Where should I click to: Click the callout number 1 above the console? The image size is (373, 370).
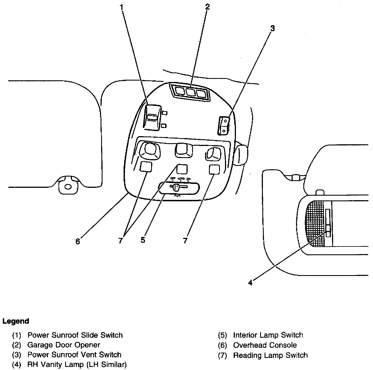pyautogui.click(x=122, y=7)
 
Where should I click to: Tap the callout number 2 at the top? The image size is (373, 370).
pyautogui.click(x=208, y=7)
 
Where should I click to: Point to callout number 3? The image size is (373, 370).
pyautogui.click(x=272, y=28)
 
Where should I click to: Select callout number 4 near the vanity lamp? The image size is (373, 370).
pyautogui.click(x=250, y=283)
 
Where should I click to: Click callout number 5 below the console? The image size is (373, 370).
pyautogui.click(x=143, y=240)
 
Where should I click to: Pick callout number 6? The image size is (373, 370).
pyautogui.click(x=78, y=241)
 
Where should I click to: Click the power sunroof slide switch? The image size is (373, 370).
pyautogui.click(x=153, y=117)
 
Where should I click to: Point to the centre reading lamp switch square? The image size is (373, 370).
pyautogui.click(x=182, y=169)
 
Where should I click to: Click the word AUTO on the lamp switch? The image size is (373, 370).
pyautogui.click(x=181, y=179)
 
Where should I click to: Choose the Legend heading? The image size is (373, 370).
pyautogui.click(x=16, y=321)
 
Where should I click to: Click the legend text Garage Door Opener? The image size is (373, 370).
pyautogui.click(x=64, y=345)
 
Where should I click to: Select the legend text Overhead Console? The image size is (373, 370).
pyautogui.click(x=265, y=345)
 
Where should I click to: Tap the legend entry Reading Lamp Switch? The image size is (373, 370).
pyautogui.click(x=270, y=355)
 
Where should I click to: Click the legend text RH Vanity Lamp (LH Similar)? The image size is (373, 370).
pyautogui.click(x=77, y=365)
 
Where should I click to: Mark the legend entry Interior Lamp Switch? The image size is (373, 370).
pyautogui.click(x=268, y=335)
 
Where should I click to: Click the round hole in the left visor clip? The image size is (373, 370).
pyautogui.click(x=67, y=187)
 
